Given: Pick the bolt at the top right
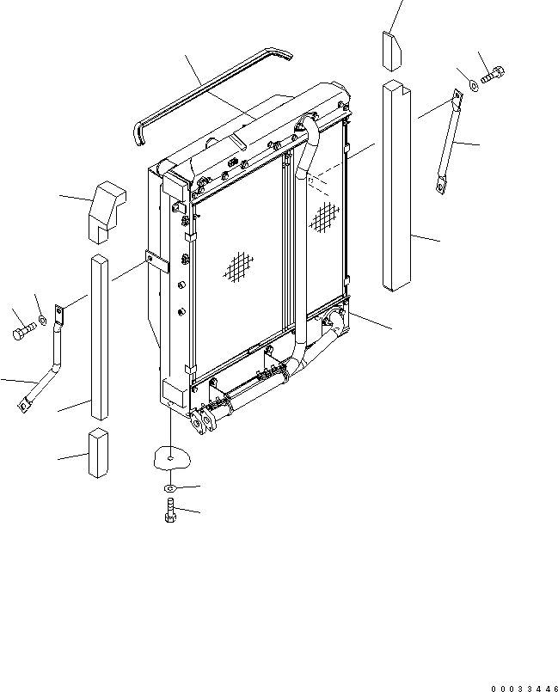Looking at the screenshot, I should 494,77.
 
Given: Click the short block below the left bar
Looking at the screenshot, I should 98,453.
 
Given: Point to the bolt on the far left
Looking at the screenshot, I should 21,330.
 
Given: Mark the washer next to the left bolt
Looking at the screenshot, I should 41,322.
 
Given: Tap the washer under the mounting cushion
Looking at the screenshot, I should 169,488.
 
